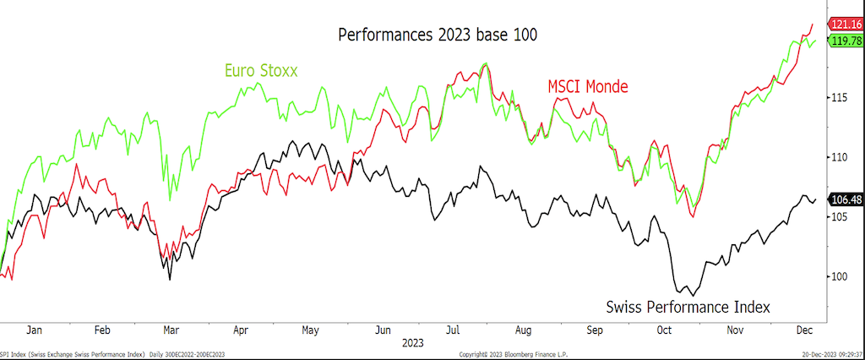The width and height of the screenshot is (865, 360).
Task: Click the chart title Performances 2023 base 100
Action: pos(438,35)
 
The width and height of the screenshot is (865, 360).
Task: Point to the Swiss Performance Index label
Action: pos(688,306)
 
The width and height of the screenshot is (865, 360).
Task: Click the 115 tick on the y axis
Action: pos(839,98)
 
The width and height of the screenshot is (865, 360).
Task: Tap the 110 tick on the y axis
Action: pos(839,157)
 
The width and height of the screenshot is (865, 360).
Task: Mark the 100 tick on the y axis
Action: pos(839,276)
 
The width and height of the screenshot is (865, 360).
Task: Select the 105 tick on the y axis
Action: pos(839,217)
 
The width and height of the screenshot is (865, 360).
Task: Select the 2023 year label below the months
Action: pos(414,344)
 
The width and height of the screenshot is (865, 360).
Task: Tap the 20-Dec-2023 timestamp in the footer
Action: pos(831,354)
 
